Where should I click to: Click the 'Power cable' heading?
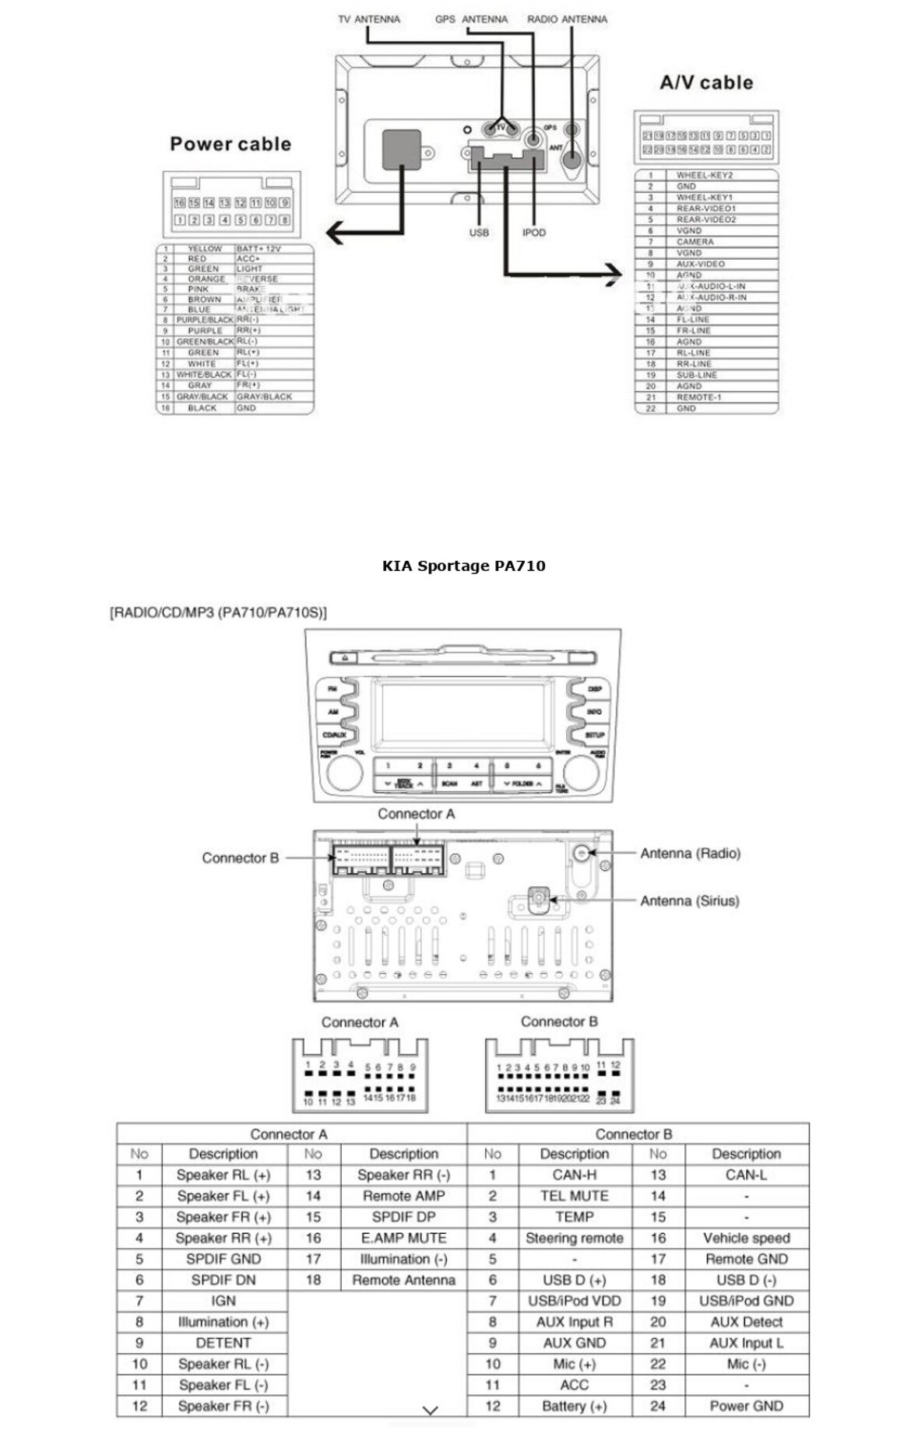[x=230, y=144]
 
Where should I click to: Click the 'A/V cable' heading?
[x=706, y=82]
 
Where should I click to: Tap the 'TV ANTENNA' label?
[x=369, y=19]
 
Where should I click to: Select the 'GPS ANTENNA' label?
[x=471, y=19]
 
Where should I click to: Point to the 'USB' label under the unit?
[x=479, y=233]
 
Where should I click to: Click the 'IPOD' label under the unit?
[x=534, y=233]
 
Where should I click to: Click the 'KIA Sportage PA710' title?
[x=463, y=566]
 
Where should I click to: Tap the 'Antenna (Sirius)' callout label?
[x=689, y=901]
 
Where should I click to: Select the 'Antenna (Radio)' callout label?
[x=690, y=853]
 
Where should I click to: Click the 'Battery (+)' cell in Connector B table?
[x=575, y=1406]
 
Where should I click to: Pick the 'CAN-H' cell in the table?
[x=575, y=1175]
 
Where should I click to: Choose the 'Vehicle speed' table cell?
[x=746, y=1238]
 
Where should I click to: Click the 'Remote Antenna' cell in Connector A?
[x=403, y=1280]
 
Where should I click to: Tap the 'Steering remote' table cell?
[x=575, y=1238]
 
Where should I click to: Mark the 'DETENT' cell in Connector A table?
[x=223, y=1343]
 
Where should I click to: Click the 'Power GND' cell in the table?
[x=746, y=1406]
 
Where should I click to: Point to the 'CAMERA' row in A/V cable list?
[x=695, y=242]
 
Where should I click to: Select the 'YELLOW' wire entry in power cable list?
[x=204, y=249]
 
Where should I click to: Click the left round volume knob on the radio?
[x=344, y=773]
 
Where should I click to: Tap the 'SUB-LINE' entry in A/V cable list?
[x=697, y=375]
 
